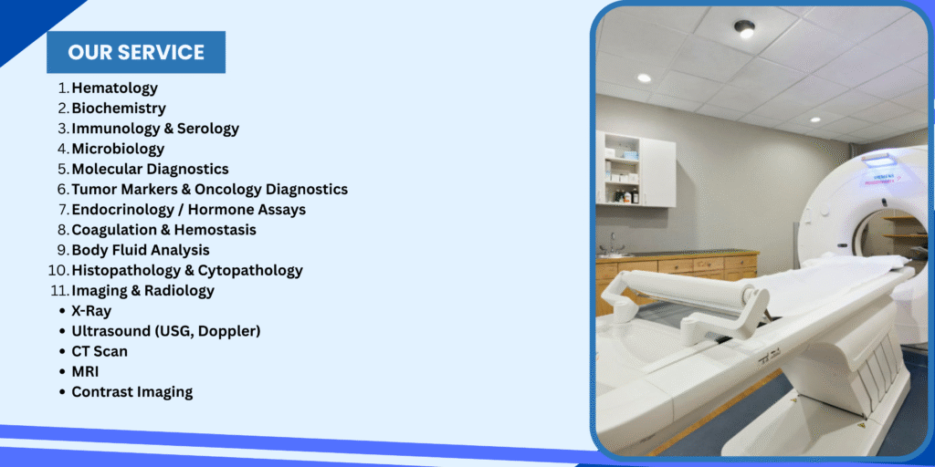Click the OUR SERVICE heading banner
(x=136, y=52)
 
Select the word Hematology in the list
(x=115, y=88)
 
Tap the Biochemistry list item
(x=119, y=109)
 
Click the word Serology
(x=208, y=129)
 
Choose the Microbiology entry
(x=118, y=149)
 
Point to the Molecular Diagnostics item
(x=151, y=169)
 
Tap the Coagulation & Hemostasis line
(x=164, y=229)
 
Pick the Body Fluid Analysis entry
(x=141, y=250)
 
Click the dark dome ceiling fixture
(x=744, y=28)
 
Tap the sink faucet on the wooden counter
(x=611, y=244)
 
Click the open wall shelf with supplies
(x=622, y=169)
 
